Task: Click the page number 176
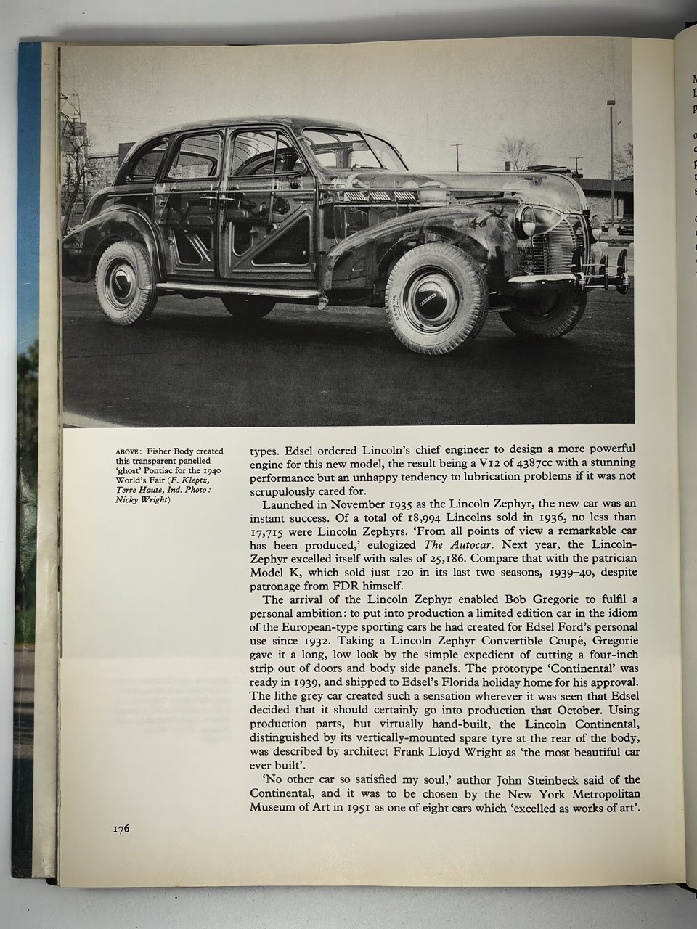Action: tap(121, 829)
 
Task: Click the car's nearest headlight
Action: tap(523, 221)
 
